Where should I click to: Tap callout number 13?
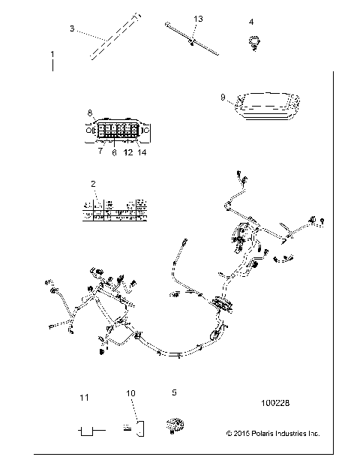coord(198,17)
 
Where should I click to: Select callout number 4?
coord(251,21)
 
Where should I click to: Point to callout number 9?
coord(223,97)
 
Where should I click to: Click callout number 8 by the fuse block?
coord(90,113)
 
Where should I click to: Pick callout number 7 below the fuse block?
coord(100,151)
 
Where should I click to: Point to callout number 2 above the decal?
coord(93,184)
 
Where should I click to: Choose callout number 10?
coord(130,393)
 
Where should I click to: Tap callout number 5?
coord(175,392)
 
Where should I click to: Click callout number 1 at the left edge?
coord(52,55)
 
